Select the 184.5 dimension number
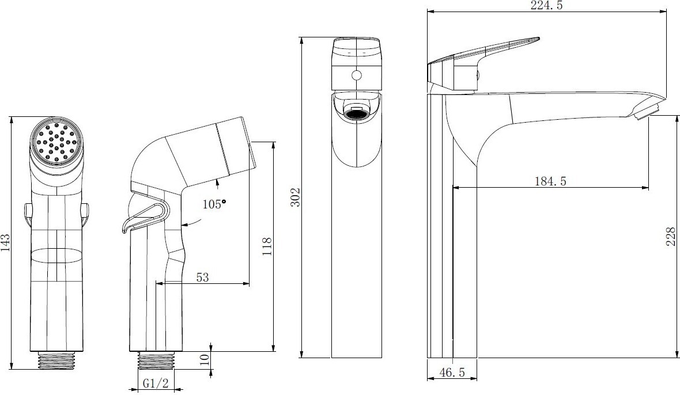tap(550, 181)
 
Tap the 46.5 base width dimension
tap(452, 372)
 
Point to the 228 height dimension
tap(670, 237)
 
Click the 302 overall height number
tap(295, 197)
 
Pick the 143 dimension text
tap(5, 243)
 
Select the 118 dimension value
tap(267, 246)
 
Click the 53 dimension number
tap(202, 277)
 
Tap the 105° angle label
tap(214, 204)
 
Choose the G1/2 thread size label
tap(156, 383)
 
